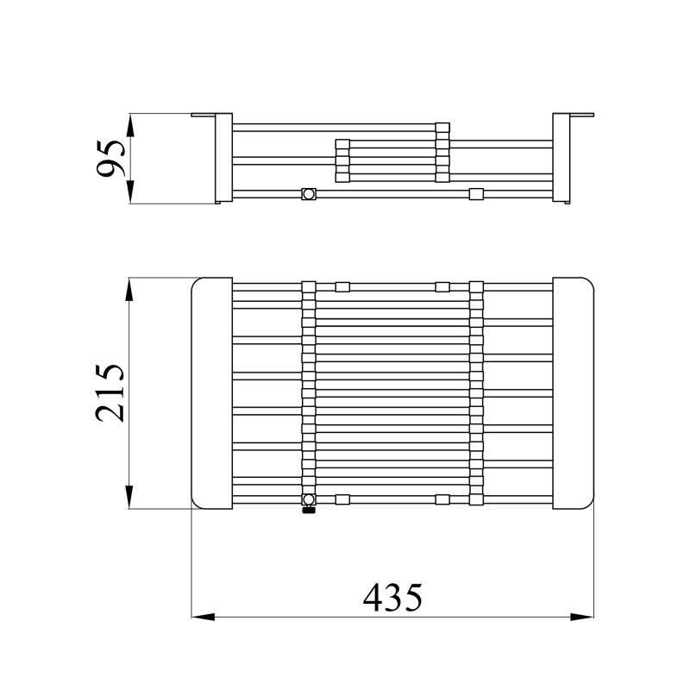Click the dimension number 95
pos(111,159)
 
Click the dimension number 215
pos(110,393)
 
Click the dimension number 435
pos(392,598)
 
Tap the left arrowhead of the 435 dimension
pos(204,617)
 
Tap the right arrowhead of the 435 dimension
pos(582,617)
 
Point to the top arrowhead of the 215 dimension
pos(129,289)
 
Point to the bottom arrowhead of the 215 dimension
pos(129,498)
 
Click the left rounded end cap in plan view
pos(212,393)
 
